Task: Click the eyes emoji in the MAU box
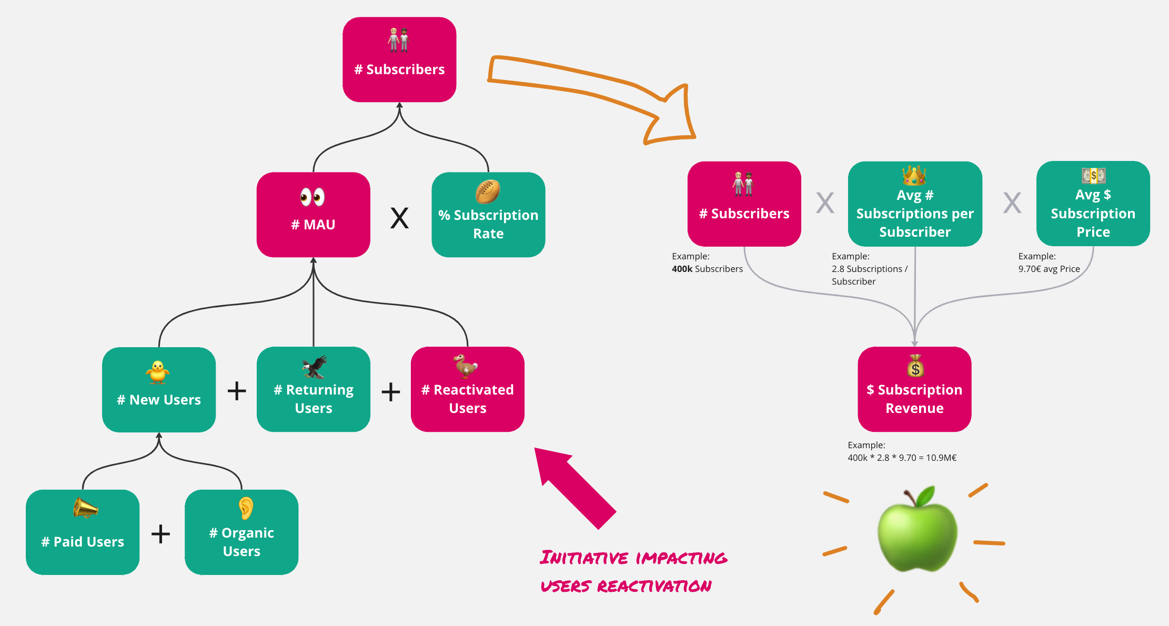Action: pos(313,197)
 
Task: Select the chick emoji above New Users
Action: pos(158,372)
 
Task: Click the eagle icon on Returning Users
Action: pos(315,367)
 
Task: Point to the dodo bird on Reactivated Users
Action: pos(466,366)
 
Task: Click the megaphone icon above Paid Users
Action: pos(85,508)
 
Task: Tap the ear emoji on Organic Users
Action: pos(246,508)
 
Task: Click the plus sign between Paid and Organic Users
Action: pos(161,534)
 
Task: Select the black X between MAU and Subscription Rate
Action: pos(399,218)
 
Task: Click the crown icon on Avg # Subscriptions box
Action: pos(914,175)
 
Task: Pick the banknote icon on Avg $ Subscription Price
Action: pos(1093,175)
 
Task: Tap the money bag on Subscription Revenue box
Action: pos(915,366)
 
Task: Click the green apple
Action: pos(916,531)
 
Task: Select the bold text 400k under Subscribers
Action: pos(682,269)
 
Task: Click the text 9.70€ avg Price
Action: pos(1049,269)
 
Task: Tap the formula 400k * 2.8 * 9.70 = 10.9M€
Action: pos(902,458)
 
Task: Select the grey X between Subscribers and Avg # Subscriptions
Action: pos(825,203)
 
